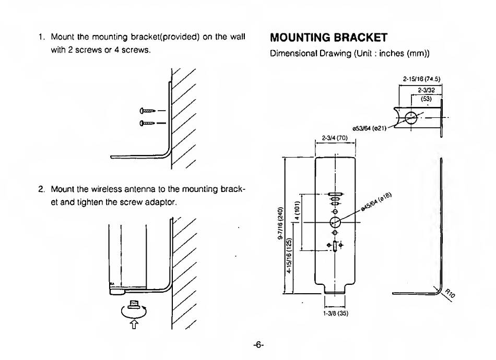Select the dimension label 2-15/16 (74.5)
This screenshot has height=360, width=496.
pos(421,80)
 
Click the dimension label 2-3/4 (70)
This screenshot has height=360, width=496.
pos(334,138)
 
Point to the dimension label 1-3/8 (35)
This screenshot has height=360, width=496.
pos(335,313)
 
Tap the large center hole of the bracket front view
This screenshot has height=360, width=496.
pos(335,222)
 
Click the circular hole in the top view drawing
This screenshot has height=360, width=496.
pos(411,117)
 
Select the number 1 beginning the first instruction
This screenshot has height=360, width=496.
pos(40,38)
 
